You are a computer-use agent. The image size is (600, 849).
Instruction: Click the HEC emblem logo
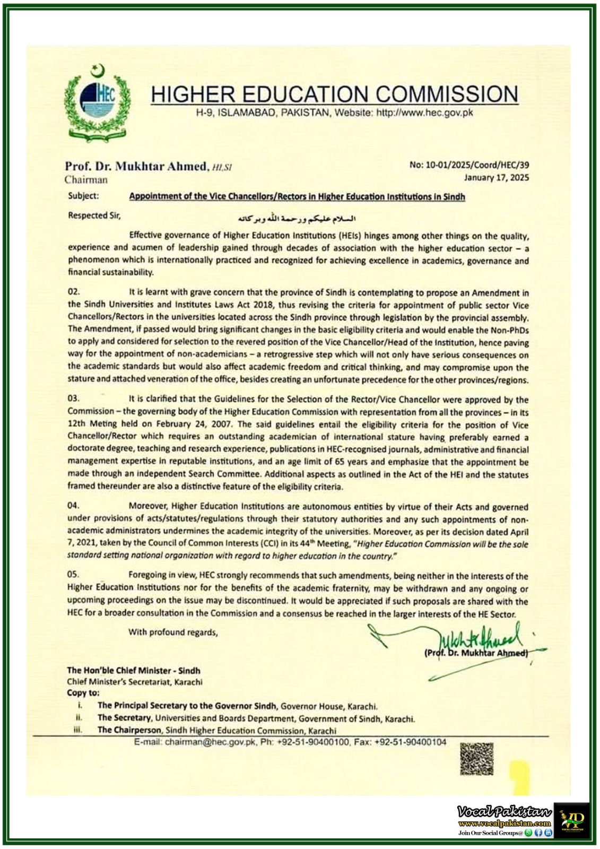click(x=97, y=103)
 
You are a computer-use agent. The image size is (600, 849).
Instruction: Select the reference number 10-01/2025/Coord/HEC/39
click(x=469, y=165)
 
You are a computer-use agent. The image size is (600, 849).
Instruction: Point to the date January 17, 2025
click(x=496, y=178)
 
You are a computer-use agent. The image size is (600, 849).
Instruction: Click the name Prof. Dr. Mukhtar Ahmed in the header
click(x=136, y=166)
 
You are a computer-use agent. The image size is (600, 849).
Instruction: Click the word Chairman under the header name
click(x=86, y=179)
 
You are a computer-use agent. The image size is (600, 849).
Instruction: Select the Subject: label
click(x=83, y=196)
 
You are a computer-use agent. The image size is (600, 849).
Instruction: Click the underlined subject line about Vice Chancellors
click(x=297, y=197)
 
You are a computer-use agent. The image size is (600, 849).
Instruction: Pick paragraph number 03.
click(x=73, y=398)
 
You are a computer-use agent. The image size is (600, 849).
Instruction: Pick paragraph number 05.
click(x=73, y=574)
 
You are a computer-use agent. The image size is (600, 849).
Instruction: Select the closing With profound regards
click(x=173, y=632)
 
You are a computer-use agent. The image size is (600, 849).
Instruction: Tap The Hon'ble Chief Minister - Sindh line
click(x=134, y=670)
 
